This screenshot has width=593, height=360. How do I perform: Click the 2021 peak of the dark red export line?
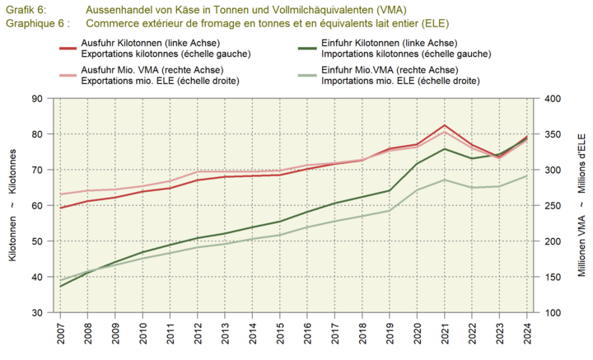(x=445, y=125)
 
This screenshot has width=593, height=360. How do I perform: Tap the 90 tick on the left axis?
(x=38, y=99)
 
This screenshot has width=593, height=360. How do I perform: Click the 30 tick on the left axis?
(x=38, y=313)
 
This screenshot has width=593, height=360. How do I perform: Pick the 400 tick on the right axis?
(x=550, y=99)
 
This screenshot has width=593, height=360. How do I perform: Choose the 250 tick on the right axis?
(x=550, y=206)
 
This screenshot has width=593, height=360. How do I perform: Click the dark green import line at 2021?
(x=445, y=149)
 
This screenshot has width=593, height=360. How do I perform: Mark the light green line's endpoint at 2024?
(x=527, y=175)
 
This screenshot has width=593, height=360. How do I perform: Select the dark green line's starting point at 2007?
(x=61, y=286)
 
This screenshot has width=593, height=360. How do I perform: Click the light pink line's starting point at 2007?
(x=61, y=194)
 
